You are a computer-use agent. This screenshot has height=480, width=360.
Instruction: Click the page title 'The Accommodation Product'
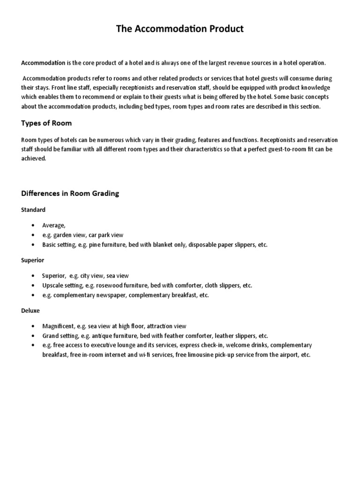[x=180, y=29]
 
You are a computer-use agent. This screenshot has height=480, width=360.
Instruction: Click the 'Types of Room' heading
[x=46, y=123]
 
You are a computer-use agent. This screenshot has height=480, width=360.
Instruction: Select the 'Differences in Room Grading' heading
[x=70, y=194]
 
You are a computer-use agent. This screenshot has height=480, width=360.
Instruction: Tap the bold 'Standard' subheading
[x=33, y=210]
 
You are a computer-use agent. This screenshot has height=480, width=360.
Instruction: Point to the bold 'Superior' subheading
[x=33, y=260]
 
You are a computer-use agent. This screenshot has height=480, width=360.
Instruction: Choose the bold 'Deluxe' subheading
[x=30, y=310]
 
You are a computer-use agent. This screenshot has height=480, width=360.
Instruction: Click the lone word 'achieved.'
[x=34, y=158]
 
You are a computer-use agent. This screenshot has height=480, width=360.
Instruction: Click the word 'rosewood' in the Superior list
[x=111, y=285]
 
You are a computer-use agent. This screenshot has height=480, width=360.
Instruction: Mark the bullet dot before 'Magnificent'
[x=32, y=326]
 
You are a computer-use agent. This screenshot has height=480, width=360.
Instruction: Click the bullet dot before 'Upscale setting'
[x=32, y=285]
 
